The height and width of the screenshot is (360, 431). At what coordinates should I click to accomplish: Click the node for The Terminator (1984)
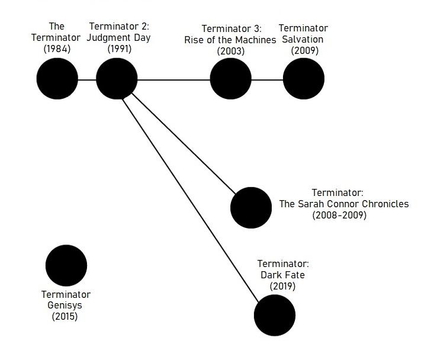click(x=57, y=79)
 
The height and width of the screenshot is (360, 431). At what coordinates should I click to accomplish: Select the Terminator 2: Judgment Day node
click(x=117, y=79)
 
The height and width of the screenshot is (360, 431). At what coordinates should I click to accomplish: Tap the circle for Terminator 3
click(x=231, y=79)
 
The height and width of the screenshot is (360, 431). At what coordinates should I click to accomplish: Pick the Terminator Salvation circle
click(x=304, y=79)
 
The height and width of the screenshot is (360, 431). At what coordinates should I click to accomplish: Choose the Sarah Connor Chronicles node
click(x=251, y=208)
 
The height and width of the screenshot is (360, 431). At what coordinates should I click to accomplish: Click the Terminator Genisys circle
click(x=66, y=265)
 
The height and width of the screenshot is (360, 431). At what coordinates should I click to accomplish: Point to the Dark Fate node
click(x=275, y=315)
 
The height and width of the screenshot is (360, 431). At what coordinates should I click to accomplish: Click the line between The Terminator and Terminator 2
click(x=87, y=80)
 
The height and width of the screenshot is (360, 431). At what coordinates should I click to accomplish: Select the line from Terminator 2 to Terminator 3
click(x=173, y=80)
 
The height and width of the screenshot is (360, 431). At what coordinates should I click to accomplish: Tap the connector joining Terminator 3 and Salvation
click(x=267, y=80)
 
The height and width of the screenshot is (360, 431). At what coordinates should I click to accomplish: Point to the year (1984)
click(x=57, y=49)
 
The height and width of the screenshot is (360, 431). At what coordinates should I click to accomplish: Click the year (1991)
click(x=120, y=49)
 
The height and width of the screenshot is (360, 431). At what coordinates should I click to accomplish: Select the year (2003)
click(x=231, y=51)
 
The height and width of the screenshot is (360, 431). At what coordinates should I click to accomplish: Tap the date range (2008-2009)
click(x=339, y=215)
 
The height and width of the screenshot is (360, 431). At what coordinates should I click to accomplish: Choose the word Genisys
click(x=65, y=306)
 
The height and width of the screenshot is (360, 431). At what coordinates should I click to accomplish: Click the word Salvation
click(x=303, y=39)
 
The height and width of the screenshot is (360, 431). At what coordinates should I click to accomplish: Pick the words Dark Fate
click(x=282, y=275)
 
